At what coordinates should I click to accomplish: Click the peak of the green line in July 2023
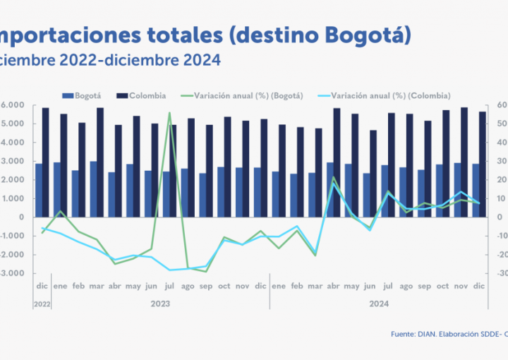coord(169,113)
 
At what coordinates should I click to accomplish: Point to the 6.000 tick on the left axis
coord(13,105)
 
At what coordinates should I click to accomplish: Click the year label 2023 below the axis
coord(160,303)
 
